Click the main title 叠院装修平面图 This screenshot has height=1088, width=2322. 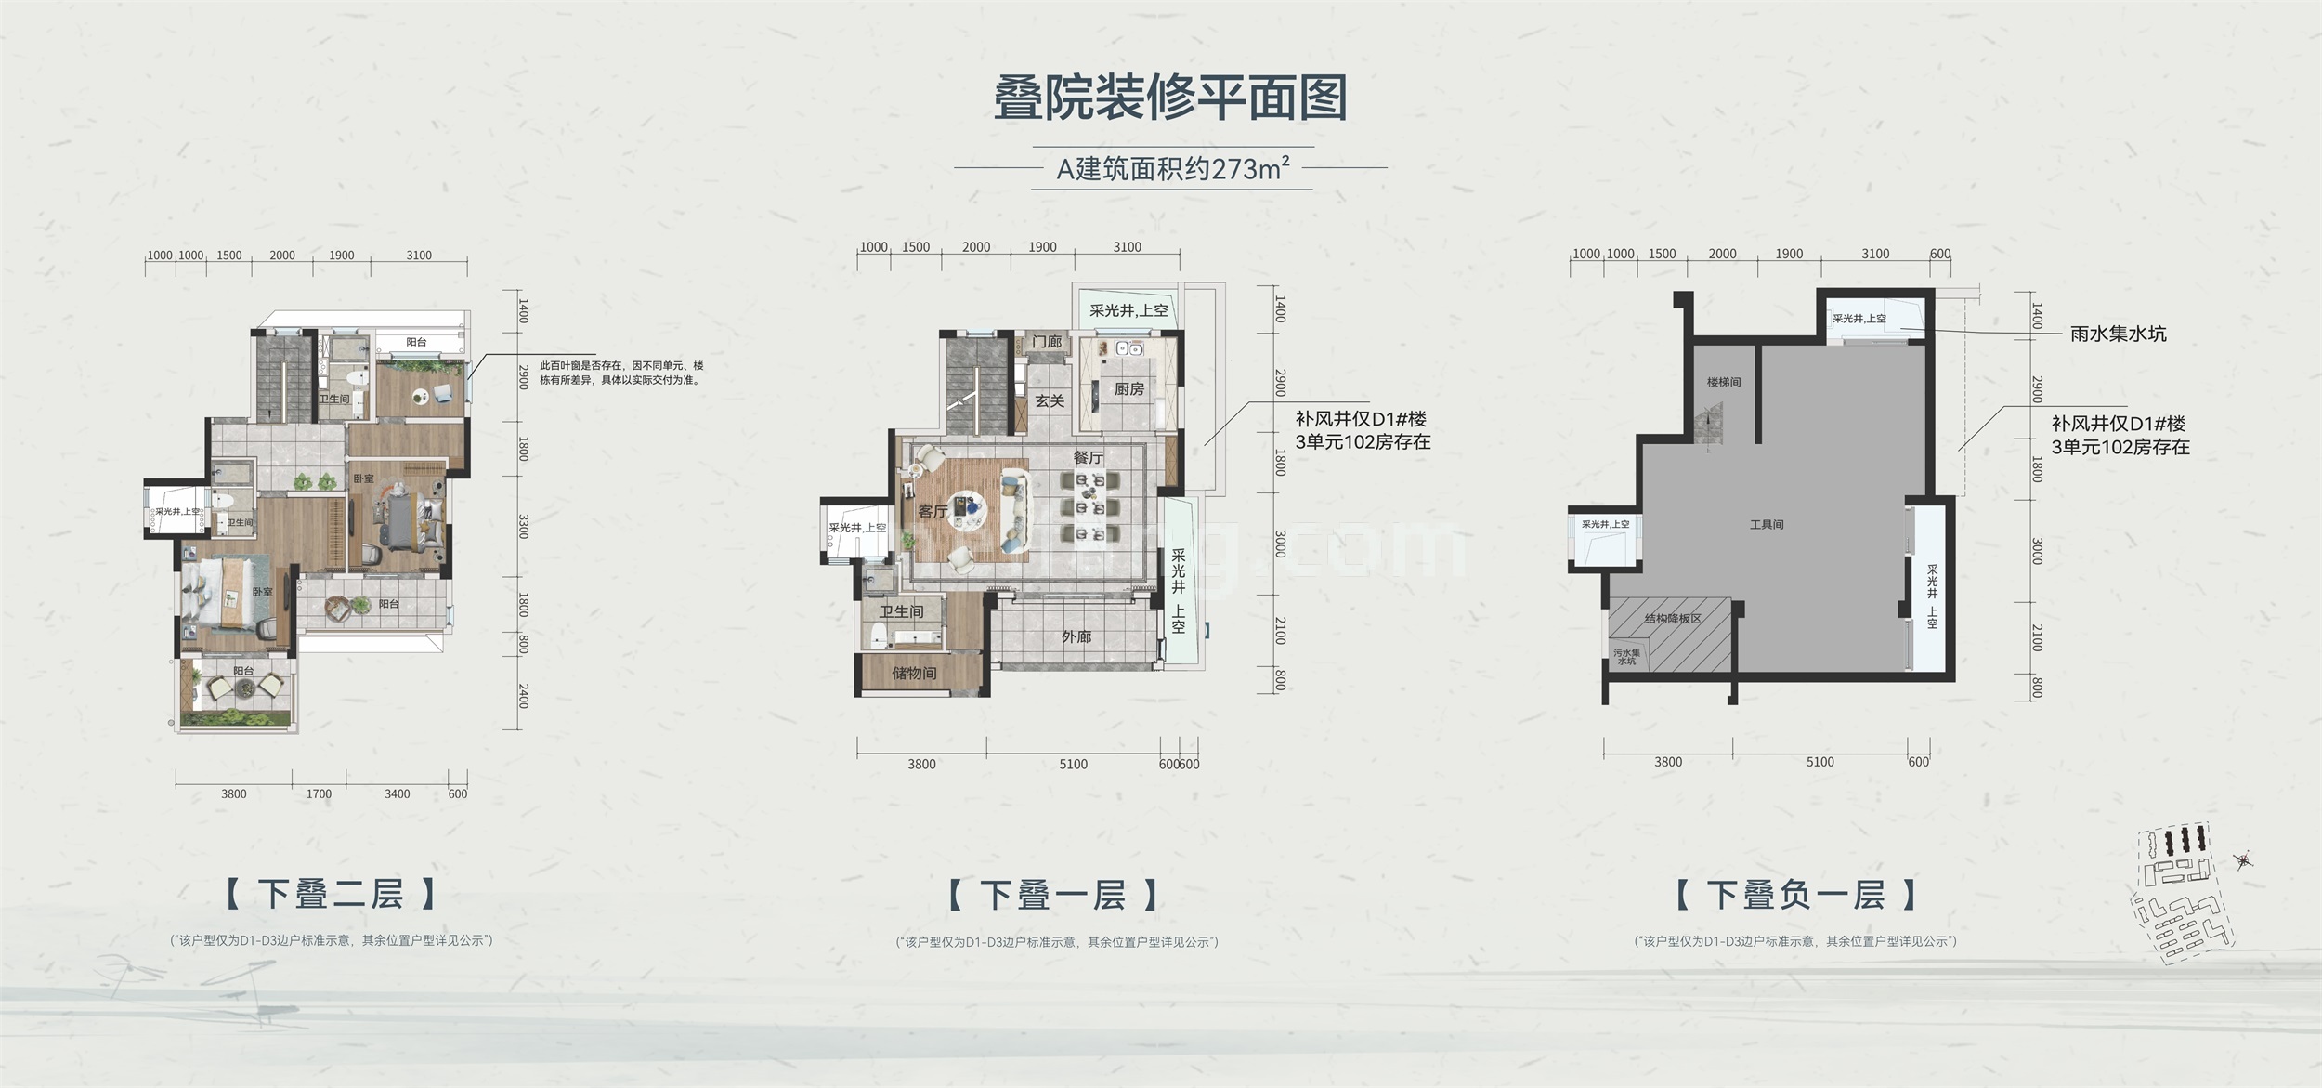coord(1170,99)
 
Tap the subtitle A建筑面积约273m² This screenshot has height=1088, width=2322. coord(1173,169)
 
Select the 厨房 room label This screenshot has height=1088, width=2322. coord(1128,389)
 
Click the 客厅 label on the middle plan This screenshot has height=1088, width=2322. coord(933,511)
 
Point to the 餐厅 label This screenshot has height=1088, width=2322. coord(1088,457)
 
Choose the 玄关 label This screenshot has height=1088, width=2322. coord(1050,401)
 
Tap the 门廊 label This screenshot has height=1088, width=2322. coord(1046,342)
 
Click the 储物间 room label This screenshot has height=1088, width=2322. coord(914,673)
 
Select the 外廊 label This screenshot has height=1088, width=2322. coord(1076,637)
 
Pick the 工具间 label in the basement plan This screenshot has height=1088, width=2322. coord(1766,525)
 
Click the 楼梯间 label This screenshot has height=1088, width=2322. coord(1723,382)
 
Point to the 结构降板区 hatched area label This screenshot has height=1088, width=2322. coord(1672,619)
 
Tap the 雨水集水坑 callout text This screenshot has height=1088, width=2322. coord(2118,334)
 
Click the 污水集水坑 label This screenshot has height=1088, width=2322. coord(1627,657)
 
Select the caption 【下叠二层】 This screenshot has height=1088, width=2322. coord(331,894)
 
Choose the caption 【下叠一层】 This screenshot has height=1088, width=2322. coord(1053,895)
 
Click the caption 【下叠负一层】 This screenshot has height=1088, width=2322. coord(1795,895)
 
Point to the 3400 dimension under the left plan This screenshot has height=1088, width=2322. coord(397,793)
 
